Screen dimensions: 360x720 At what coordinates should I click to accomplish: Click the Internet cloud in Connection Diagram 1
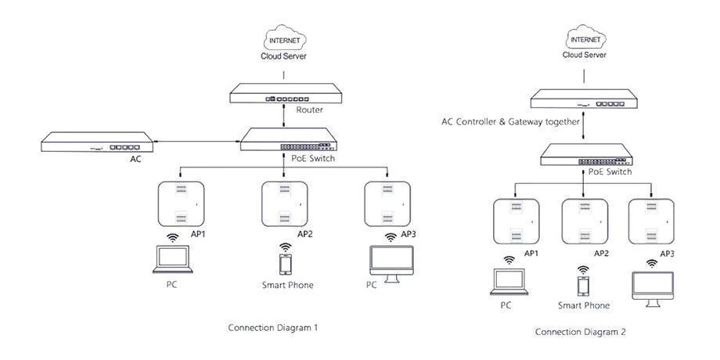(283, 39)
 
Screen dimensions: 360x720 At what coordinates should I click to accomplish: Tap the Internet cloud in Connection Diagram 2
(585, 38)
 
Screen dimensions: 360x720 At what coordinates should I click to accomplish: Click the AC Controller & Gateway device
(585, 99)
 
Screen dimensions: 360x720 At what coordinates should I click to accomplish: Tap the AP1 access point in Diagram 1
(182, 203)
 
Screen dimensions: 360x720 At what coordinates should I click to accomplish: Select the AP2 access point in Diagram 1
(285, 203)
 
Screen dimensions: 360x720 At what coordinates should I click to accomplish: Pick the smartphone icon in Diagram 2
(583, 283)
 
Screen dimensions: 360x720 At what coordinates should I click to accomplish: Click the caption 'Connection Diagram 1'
(272, 327)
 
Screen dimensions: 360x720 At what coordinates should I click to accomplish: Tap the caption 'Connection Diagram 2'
(580, 332)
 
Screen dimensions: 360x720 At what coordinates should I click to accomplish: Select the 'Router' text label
(309, 110)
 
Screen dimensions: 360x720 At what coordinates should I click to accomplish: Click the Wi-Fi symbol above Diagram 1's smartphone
(286, 247)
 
